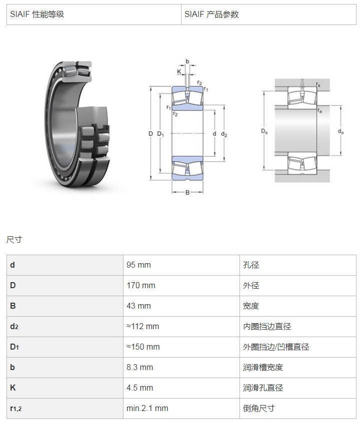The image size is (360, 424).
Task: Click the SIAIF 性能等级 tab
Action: [x=94, y=14]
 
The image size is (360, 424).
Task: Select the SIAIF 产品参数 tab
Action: [x=268, y=14]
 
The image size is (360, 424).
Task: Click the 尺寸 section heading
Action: [x=14, y=239]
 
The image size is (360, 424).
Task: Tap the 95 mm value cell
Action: [x=181, y=265]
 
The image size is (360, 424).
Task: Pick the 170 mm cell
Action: [x=181, y=286]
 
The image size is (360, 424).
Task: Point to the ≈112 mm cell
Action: [x=181, y=327]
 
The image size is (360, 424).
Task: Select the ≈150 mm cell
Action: [x=181, y=347]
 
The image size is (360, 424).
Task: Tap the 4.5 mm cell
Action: [x=181, y=388]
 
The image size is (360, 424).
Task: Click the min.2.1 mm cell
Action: [x=181, y=409]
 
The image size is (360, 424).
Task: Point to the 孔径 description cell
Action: [x=297, y=265]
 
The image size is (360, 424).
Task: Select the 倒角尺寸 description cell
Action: [x=297, y=409]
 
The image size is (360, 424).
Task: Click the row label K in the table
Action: [x=12, y=388]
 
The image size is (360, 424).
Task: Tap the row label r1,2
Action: [x=15, y=409]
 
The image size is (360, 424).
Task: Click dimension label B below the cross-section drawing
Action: [x=187, y=193]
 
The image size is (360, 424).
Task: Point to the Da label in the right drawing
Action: [x=264, y=131]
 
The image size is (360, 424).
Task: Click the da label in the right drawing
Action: [x=340, y=131]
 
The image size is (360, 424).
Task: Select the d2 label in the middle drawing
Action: [x=224, y=134]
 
